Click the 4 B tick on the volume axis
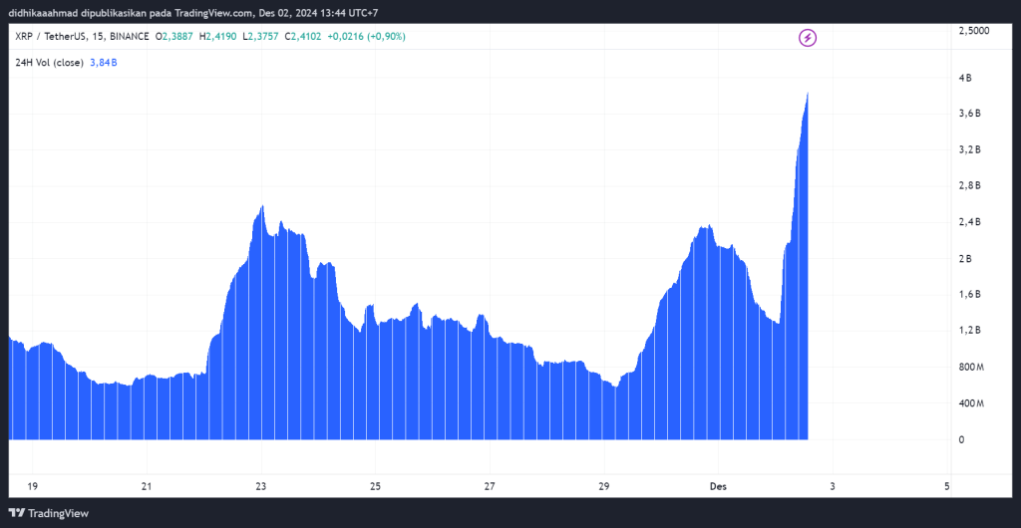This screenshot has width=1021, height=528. pos(965,78)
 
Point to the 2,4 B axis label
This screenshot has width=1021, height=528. pos(969,222)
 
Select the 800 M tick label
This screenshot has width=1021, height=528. pos(970,368)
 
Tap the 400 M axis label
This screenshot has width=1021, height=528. pos(970,403)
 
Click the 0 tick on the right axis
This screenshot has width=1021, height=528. pos(961,439)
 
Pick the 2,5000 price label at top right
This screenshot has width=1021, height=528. pos(974,31)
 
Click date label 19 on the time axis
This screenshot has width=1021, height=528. pos(33,486)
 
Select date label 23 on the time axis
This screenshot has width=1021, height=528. pos(261,486)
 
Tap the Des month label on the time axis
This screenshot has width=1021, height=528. pos(717,486)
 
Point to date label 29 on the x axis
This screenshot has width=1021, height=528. pos(603,486)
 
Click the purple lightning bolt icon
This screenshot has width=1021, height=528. pos(808,38)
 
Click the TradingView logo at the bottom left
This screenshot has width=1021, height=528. pos(50,513)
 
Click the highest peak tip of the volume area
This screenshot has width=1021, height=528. pos(807,93)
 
